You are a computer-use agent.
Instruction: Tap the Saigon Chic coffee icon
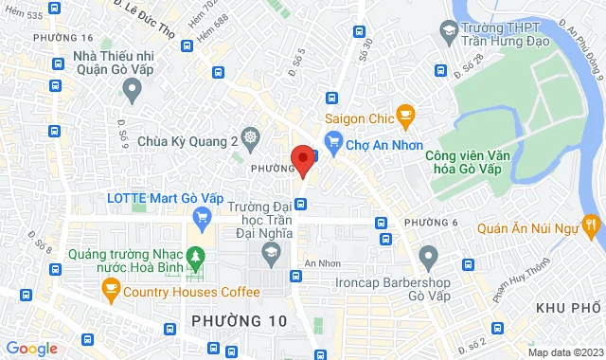coord(406,117)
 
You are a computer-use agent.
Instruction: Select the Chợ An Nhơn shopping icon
coord(332,143)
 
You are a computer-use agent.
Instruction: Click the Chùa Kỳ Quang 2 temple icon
coord(250,138)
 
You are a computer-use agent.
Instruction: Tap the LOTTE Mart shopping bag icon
coord(199,218)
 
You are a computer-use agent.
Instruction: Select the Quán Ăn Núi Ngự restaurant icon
coord(592,225)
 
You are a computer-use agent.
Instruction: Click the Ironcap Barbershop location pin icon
coord(429,255)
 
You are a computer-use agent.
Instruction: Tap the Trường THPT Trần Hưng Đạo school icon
coord(448,34)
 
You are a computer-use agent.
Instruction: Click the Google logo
coord(30,349)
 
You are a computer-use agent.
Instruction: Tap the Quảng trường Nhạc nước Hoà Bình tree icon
coord(196,256)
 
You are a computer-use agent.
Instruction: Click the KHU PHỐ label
coord(569,309)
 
